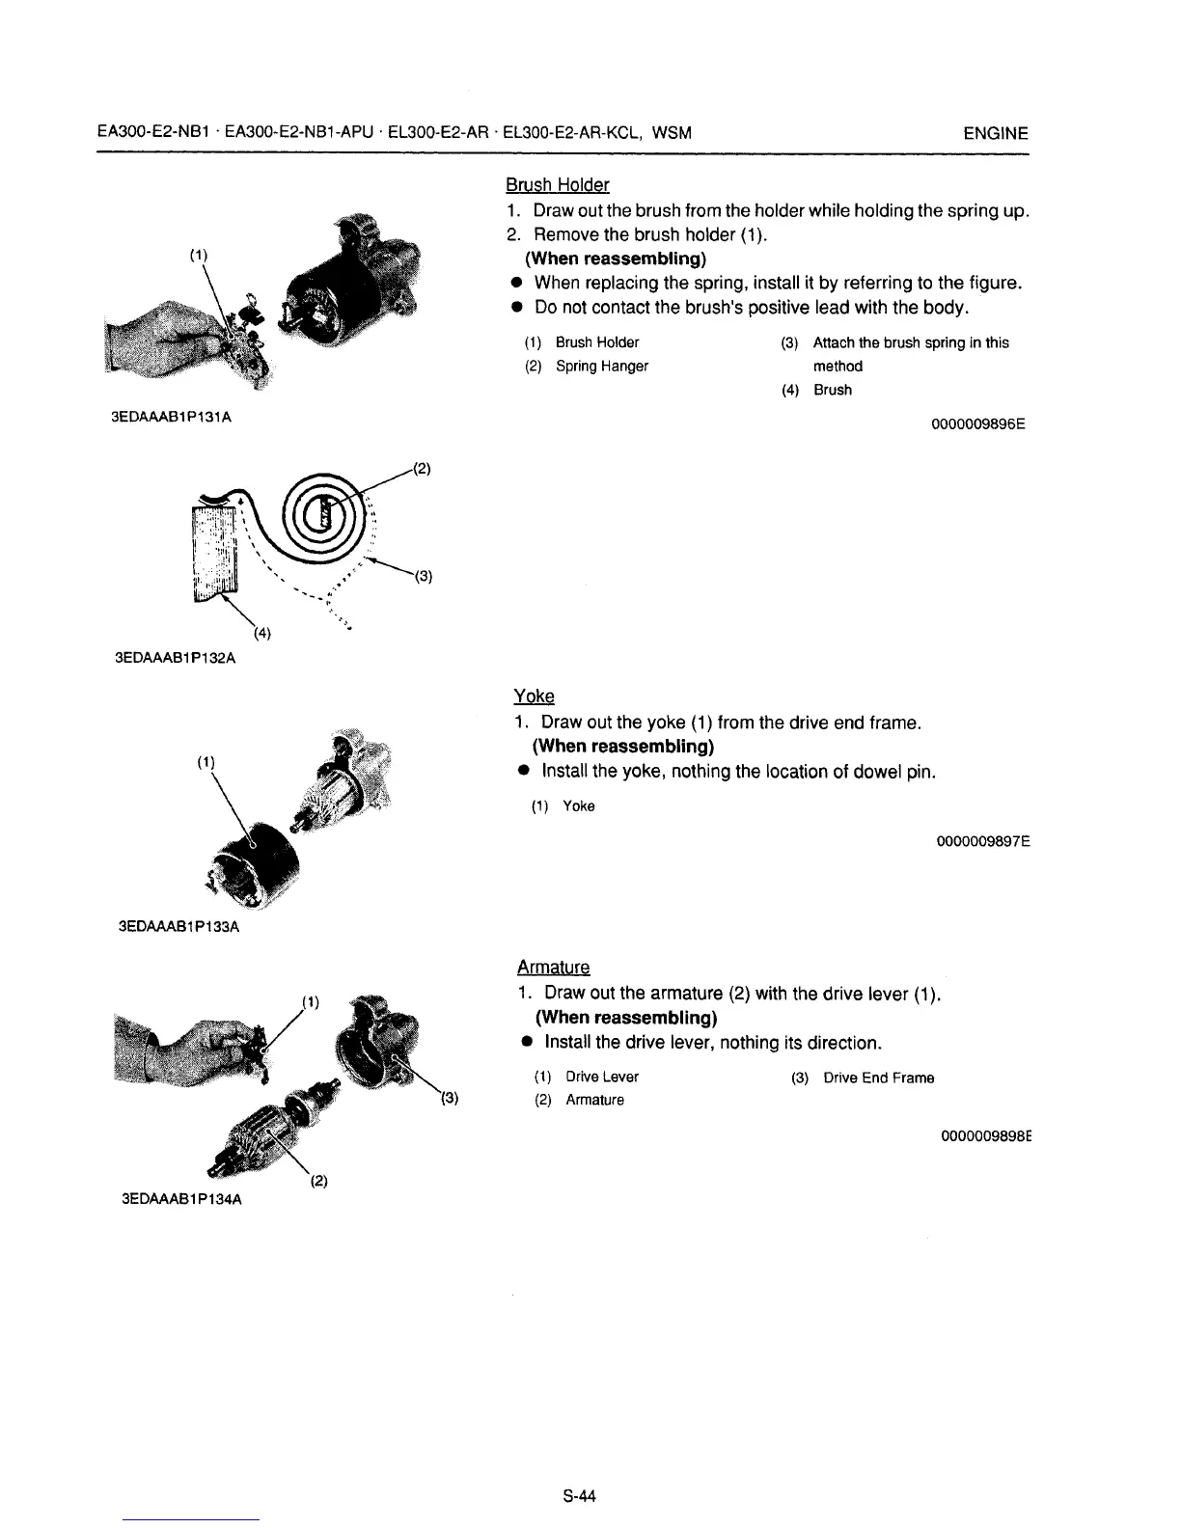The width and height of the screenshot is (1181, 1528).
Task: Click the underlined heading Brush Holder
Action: click(x=557, y=184)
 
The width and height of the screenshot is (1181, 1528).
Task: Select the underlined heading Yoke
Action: click(x=534, y=696)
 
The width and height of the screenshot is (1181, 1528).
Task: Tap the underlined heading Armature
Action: click(x=553, y=968)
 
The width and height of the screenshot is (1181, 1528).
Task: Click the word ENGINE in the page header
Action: click(x=996, y=133)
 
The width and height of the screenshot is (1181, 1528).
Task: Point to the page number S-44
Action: click(x=580, y=1496)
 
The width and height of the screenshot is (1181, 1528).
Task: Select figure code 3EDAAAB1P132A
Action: click(x=175, y=660)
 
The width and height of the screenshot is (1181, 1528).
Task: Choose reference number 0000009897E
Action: click(x=982, y=841)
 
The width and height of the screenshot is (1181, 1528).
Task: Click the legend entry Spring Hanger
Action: click(x=601, y=367)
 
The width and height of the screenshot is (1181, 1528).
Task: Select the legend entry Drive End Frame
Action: click(x=878, y=1078)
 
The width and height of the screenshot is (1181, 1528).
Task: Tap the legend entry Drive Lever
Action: click(x=601, y=1077)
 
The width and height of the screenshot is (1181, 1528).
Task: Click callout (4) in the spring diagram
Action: click(x=261, y=634)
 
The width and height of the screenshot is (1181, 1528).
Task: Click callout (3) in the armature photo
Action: click(x=450, y=1098)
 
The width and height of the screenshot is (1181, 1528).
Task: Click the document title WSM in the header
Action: click(x=672, y=133)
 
